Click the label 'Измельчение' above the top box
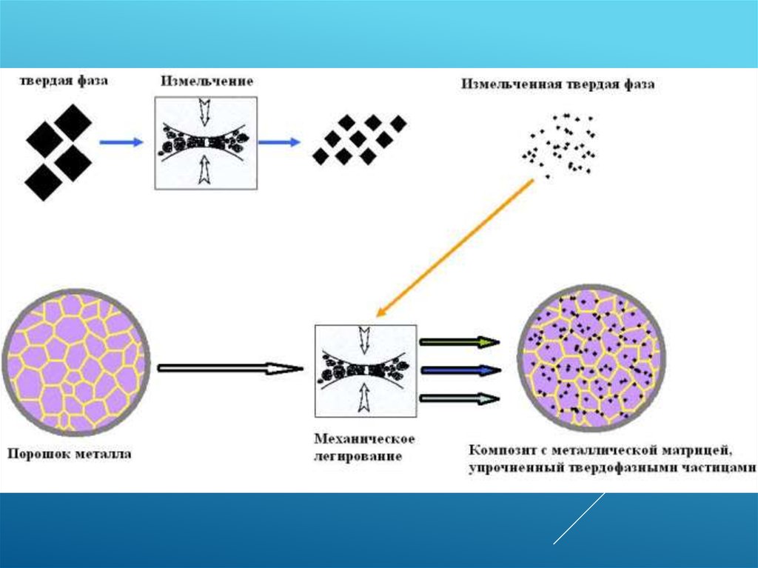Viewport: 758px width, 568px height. pos(207,81)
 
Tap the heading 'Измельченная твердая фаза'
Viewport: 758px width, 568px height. pos(558,84)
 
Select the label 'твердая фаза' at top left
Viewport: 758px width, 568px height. pos(64,81)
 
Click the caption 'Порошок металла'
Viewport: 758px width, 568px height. pos(69,454)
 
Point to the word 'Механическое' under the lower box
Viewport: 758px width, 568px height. pos(364,439)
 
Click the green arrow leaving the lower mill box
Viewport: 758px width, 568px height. pos(459,342)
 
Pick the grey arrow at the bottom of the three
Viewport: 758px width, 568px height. pos(459,398)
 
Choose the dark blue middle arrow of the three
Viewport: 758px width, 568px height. pos(459,370)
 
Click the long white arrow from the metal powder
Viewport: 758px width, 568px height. pos(230,367)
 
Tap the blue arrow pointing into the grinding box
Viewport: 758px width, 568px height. pos(121,142)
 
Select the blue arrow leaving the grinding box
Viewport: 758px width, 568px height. pos(279,142)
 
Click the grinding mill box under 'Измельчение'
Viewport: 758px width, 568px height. pos(205,142)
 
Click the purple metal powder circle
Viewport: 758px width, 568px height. pos(75,362)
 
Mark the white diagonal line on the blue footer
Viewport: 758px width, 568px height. pos(579,518)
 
